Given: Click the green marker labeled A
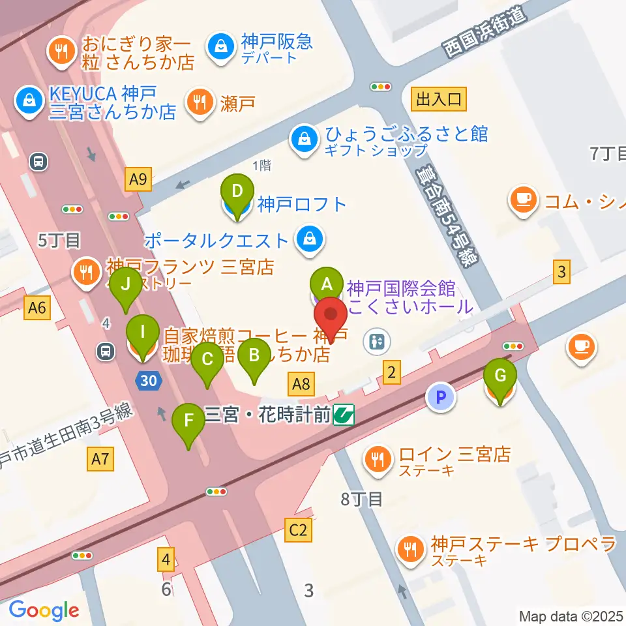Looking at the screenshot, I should (327, 284).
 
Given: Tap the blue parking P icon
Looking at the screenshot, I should (441, 397).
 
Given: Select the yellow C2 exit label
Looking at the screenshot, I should (299, 529).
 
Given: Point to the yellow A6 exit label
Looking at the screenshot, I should (37, 307).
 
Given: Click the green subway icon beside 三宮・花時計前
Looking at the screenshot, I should (344, 415).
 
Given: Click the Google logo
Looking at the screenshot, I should (44, 610).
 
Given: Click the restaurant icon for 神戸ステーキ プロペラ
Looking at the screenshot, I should (411, 550).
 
